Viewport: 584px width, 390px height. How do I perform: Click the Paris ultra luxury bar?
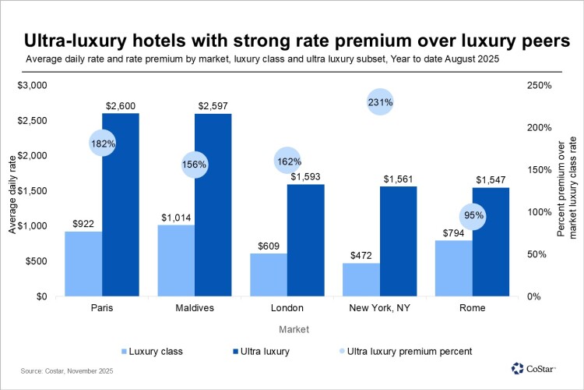pyautogui.click(x=121, y=204)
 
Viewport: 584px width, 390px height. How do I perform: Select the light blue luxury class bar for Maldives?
pyautogui.click(x=176, y=261)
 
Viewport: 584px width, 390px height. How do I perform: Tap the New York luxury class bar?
pyautogui.click(x=361, y=279)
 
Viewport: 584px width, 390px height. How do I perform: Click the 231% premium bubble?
pyautogui.click(x=380, y=101)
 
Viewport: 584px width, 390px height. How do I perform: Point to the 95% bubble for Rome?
pyautogui.click(x=473, y=215)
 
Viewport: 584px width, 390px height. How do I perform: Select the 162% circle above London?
pyautogui.click(x=288, y=161)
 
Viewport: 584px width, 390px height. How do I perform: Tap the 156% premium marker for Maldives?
pyautogui.click(x=195, y=164)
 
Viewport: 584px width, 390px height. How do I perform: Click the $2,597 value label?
pyautogui.click(x=213, y=105)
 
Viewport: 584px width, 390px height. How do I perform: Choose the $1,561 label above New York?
pyautogui.click(x=399, y=179)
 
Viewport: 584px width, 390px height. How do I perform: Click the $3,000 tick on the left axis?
pyautogui.click(x=33, y=85)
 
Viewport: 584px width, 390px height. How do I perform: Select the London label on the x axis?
pyautogui.click(x=287, y=308)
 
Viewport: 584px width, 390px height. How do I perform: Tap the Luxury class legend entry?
pyautogui.click(x=151, y=351)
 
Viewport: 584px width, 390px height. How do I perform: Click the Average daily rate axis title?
pyautogui.click(x=12, y=191)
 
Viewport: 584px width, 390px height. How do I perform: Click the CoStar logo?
pyautogui.click(x=539, y=368)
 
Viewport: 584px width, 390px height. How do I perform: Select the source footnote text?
pyautogui.click(x=67, y=372)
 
